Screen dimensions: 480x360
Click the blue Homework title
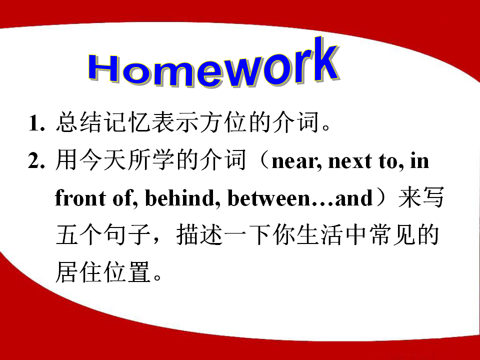click(x=213, y=63)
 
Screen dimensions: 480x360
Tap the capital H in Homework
click(x=104, y=69)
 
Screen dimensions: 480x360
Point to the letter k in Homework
click(x=325, y=59)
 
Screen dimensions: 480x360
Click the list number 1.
click(x=36, y=123)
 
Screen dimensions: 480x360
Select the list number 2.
click(x=36, y=160)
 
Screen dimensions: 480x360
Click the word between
click(x=269, y=197)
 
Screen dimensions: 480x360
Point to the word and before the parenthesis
click(x=354, y=197)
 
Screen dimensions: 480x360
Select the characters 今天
click(x=103, y=160)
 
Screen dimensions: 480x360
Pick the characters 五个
click(x=79, y=234)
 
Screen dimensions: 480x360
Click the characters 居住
click(x=79, y=272)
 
